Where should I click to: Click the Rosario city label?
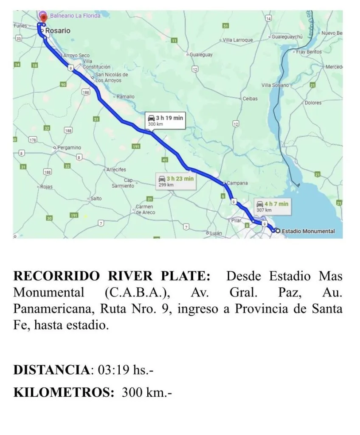[x=58, y=31]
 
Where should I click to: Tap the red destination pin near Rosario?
[x=44, y=17]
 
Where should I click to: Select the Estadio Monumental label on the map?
[x=308, y=231]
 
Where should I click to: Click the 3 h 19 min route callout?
[x=165, y=120]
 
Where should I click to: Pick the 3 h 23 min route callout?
[x=175, y=181]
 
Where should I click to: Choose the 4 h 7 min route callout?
[x=272, y=206]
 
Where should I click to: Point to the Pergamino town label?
[x=69, y=147]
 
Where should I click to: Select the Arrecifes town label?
[x=116, y=169]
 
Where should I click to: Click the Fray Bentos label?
[x=309, y=52]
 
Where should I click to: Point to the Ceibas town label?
[x=250, y=99]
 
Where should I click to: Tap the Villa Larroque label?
[x=238, y=40]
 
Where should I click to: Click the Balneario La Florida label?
[x=75, y=16]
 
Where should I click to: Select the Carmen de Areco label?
[x=145, y=209]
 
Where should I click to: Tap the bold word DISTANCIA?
[x=51, y=370]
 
